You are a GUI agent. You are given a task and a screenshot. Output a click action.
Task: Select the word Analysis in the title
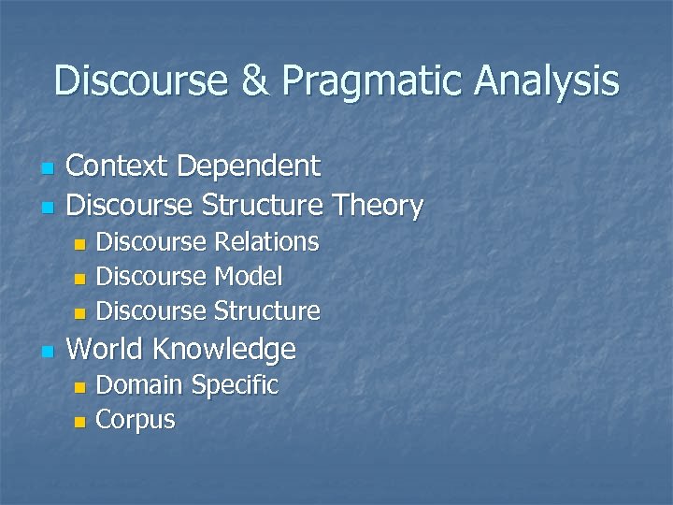(x=547, y=81)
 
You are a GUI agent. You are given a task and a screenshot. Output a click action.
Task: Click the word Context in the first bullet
(x=118, y=166)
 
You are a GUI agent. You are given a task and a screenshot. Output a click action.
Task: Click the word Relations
(x=266, y=242)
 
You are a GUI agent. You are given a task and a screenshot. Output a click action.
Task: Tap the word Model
(x=248, y=276)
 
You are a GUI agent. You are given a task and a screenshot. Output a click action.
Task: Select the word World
(x=106, y=350)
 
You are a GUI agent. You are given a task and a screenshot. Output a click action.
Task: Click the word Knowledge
(x=223, y=350)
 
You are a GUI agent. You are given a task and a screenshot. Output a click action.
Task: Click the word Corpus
(x=136, y=420)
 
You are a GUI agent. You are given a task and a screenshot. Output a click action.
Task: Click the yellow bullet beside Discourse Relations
(x=79, y=244)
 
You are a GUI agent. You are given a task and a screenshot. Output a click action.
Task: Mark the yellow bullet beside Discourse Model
(x=79, y=279)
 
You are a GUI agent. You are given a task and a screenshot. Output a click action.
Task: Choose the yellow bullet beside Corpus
(x=79, y=422)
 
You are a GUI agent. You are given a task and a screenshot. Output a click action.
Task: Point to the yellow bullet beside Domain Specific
(x=79, y=387)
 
